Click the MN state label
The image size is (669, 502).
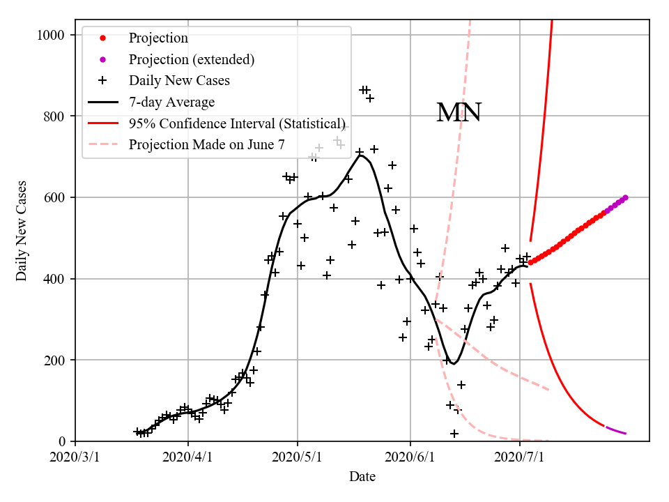click(459, 113)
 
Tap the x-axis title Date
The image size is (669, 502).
click(362, 477)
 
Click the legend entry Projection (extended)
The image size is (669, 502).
click(191, 59)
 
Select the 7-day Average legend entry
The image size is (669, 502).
click(171, 102)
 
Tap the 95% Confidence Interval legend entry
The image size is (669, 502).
click(237, 124)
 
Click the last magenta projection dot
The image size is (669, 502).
click(625, 197)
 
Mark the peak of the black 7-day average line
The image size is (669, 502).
click(360, 155)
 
